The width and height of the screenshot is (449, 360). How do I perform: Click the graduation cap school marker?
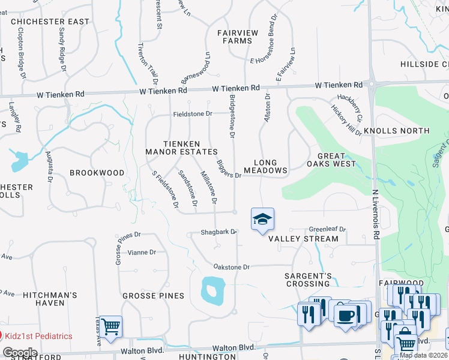pyautogui.click(x=262, y=220)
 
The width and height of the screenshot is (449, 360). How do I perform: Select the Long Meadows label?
pyautogui.click(x=270, y=166)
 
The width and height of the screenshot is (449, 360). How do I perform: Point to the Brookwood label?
pyautogui.click(x=97, y=173)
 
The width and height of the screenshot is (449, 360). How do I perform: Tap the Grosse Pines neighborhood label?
pyautogui.click(x=153, y=296)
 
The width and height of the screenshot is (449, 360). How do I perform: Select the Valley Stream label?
pyautogui.click(x=303, y=239)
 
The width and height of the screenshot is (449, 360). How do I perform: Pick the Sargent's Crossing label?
pyautogui.click(x=309, y=280)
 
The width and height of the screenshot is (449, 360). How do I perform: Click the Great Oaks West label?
pyautogui.click(x=331, y=160)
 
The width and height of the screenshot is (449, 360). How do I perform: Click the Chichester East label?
pyautogui.click(x=50, y=22)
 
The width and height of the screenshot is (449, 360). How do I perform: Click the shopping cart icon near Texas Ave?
pyautogui.click(x=111, y=327)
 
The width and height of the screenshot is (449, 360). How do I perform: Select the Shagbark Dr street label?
pyautogui.click(x=216, y=233)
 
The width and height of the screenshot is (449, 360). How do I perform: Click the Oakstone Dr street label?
pyautogui.click(x=231, y=266)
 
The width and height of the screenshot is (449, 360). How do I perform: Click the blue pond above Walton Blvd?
pyautogui.click(x=211, y=290)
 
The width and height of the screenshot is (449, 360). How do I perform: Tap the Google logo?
pyautogui.click(x=20, y=353)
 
